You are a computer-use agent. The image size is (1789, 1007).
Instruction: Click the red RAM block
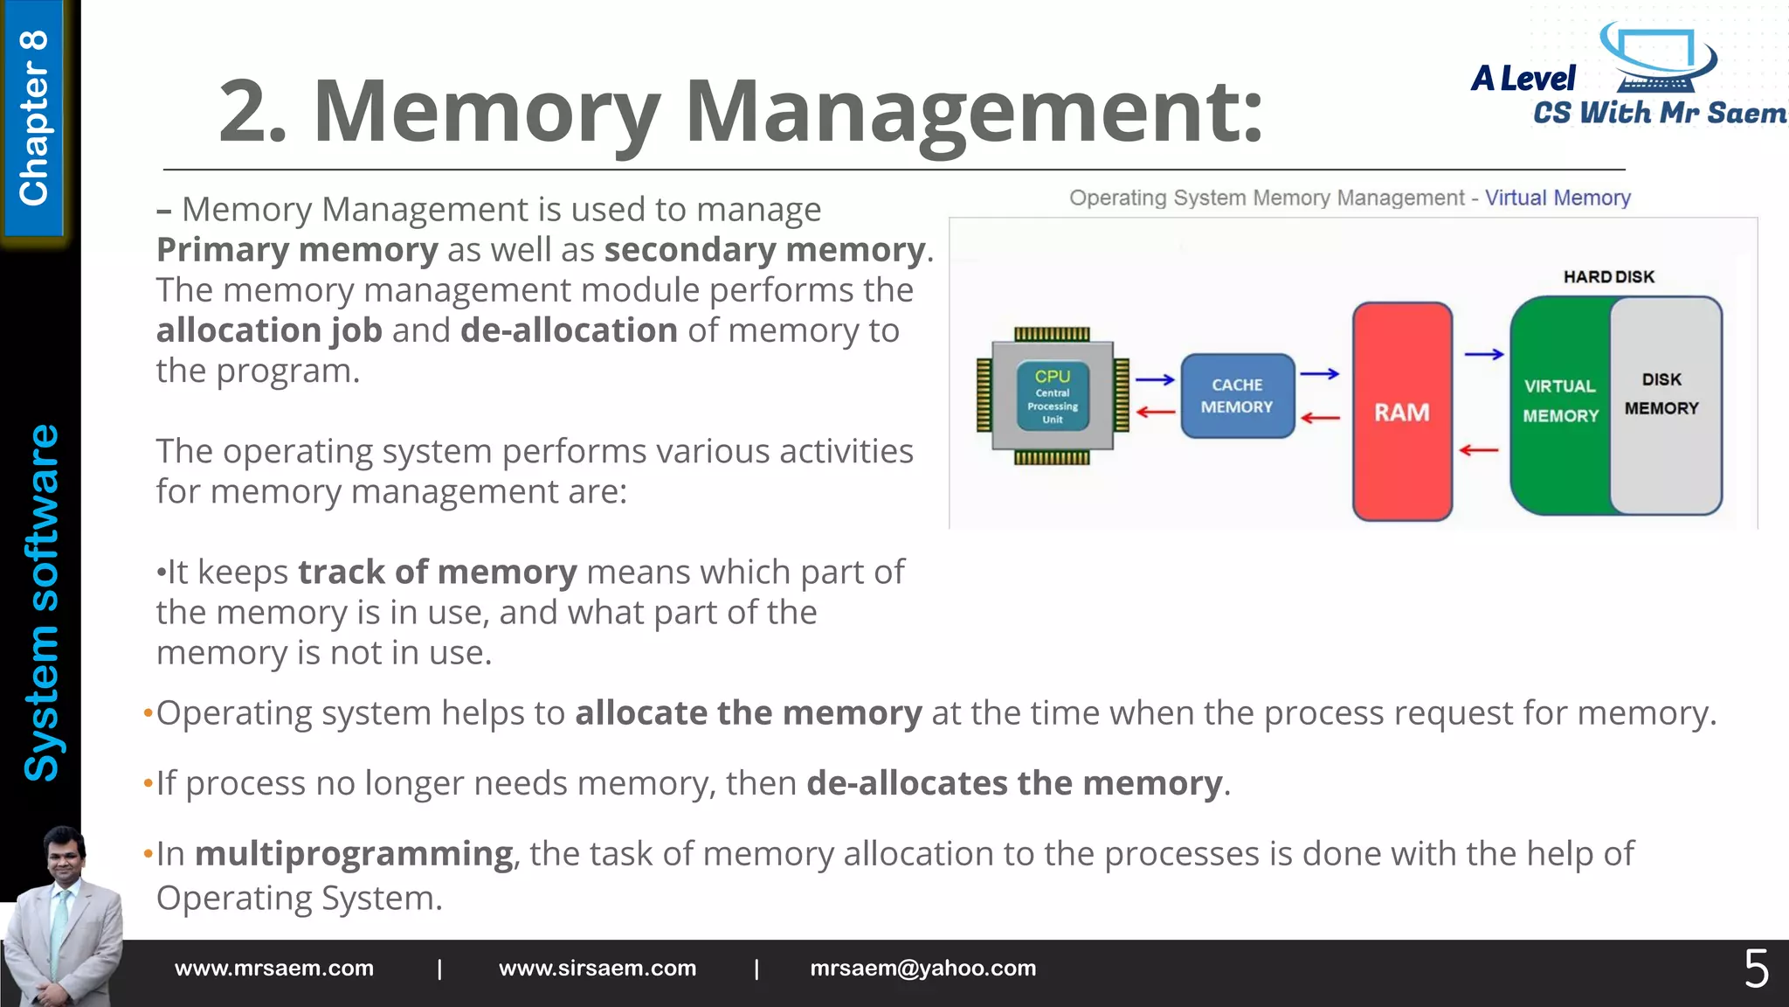pyautogui.click(x=1402, y=412)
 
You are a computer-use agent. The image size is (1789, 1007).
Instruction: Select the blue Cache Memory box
pyautogui.click(x=1237, y=396)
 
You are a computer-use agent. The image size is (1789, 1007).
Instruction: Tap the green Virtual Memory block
pyautogui.click(x=1560, y=402)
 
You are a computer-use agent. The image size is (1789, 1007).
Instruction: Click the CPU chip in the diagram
pyautogui.click(x=1053, y=396)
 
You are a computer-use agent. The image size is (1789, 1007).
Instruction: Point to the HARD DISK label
pyautogui.click(x=1608, y=277)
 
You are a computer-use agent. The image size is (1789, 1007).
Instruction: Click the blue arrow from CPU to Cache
pyautogui.click(x=1155, y=380)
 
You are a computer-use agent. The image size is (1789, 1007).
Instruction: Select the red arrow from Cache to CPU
pyautogui.click(x=1155, y=412)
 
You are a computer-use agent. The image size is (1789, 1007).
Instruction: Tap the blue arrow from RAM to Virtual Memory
pyautogui.click(x=1484, y=354)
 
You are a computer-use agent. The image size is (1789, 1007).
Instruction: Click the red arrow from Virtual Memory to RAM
pyautogui.click(x=1479, y=450)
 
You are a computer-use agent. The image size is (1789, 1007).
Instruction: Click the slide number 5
pyautogui.click(x=1756, y=969)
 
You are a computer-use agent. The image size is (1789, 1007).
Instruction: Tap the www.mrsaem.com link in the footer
pyautogui.click(x=274, y=969)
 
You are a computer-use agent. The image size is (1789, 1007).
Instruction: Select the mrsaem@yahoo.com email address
pyautogui.click(x=922, y=969)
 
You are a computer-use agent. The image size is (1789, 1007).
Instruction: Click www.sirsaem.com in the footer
pyautogui.click(x=597, y=969)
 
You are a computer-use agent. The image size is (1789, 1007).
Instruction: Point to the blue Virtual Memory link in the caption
pyautogui.click(x=1558, y=198)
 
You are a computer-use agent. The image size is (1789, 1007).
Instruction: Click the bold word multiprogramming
pyautogui.click(x=354, y=853)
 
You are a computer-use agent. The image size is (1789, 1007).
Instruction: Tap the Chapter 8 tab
pyautogui.click(x=34, y=118)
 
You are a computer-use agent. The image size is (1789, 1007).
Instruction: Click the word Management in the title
pyautogui.click(x=973, y=111)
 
